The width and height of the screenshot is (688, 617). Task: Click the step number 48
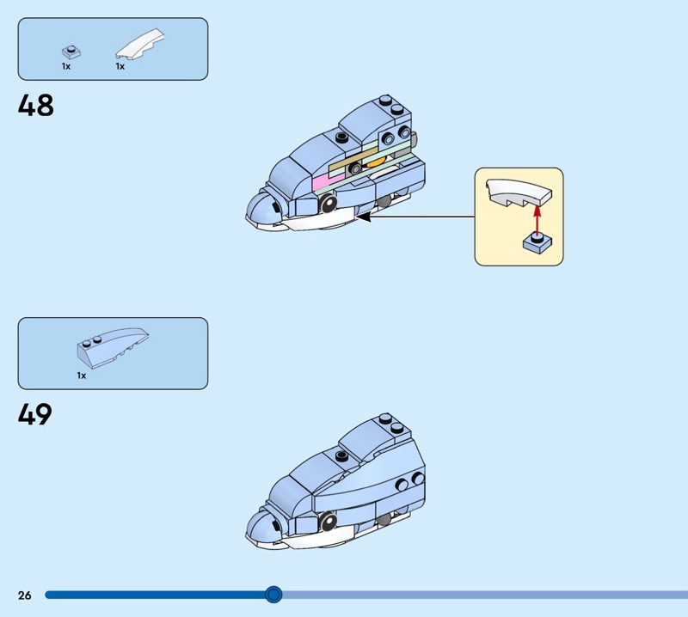(x=35, y=105)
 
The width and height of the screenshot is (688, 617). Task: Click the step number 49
(x=35, y=414)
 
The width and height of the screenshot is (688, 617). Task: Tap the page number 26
(x=25, y=595)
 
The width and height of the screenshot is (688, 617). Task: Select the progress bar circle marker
(x=273, y=595)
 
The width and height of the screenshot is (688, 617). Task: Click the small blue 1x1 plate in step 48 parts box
(x=71, y=52)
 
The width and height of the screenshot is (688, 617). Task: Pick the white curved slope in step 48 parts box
(x=140, y=44)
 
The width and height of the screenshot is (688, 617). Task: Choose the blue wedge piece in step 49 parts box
(x=113, y=345)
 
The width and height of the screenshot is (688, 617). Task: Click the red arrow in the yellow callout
(x=537, y=218)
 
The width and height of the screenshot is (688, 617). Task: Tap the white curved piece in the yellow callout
(x=519, y=193)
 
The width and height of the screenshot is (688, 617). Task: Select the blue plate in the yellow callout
(x=537, y=243)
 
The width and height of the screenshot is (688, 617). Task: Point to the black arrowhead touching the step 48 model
(x=363, y=217)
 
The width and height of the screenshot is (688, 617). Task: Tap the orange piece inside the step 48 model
(x=375, y=162)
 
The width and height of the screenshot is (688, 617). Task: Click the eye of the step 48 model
(x=329, y=203)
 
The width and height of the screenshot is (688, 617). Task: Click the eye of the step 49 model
(x=329, y=521)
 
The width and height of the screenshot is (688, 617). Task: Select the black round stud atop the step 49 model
(x=341, y=455)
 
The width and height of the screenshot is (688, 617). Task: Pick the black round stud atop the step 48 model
(x=341, y=137)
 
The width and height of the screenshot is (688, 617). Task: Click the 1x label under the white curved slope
(x=120, y=67)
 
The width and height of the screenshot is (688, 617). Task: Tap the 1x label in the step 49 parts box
(x=82, y=376)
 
